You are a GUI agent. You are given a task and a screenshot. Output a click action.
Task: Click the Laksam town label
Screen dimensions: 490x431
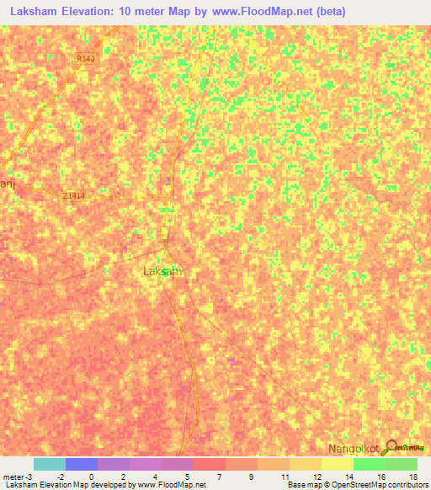click(162, 272)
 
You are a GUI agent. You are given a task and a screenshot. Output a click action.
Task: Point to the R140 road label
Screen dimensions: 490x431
click(84, 59)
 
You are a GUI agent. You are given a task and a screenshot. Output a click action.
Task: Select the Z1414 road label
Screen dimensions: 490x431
click(74, 195)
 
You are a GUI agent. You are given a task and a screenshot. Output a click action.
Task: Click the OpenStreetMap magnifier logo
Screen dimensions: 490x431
click(392, 447)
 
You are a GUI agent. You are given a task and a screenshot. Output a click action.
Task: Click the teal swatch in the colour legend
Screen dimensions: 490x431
click(49, 464)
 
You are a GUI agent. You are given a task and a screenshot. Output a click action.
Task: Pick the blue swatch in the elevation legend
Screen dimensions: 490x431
click(81, 464)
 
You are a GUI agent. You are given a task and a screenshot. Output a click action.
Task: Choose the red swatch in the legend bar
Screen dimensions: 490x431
click(209, 464)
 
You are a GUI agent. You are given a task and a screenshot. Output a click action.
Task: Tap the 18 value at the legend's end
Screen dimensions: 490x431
click(412, 476)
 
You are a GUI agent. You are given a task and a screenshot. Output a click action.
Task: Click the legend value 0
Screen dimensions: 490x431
click(91, 476)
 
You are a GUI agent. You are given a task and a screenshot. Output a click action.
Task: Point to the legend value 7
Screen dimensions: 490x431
click(219, 476)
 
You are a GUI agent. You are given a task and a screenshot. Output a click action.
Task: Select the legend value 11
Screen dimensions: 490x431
click(285, 476)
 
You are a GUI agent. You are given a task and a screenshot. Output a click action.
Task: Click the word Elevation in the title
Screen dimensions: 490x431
click(92, 13)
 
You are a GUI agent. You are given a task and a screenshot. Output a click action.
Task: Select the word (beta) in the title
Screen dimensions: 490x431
click(327, 13)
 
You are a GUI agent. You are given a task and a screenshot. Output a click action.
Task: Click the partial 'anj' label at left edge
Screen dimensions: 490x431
click(7, 184)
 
